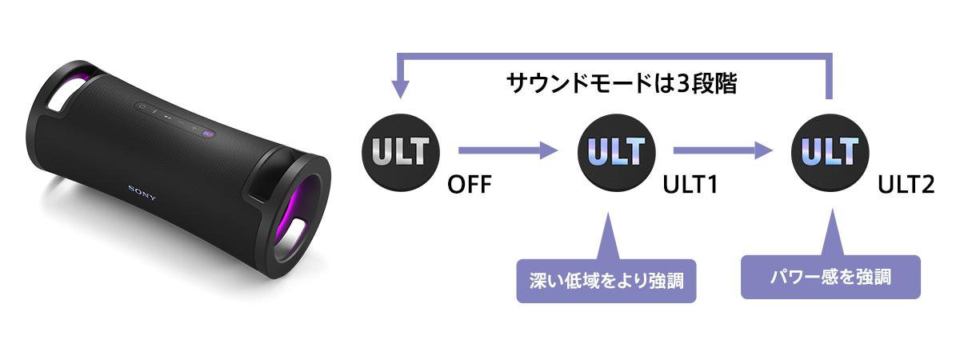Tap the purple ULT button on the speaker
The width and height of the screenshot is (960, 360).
206,133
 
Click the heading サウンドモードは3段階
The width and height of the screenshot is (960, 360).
621,83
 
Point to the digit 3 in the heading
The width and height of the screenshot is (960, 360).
682,83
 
